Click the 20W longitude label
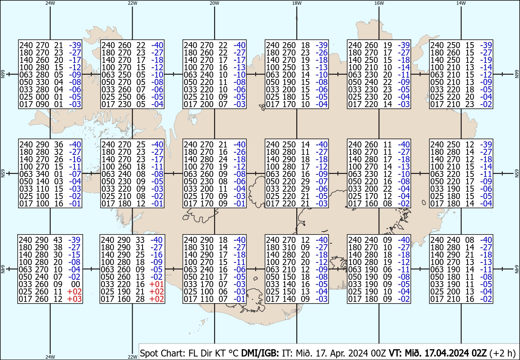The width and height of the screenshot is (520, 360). click(214, 3)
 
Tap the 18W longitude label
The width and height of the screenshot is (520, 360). click(297, 3)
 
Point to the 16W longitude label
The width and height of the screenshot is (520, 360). click(379, 3)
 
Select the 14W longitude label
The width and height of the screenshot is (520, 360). click(461, 3)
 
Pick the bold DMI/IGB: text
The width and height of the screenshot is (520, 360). click(260, 353)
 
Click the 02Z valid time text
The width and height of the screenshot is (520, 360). click(479, 353)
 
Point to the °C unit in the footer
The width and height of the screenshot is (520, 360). click(234, 353)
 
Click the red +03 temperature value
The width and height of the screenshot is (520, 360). click(74, 299)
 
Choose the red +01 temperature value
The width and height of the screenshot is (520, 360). click(156, 284)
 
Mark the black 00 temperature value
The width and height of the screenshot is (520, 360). click(75, 284)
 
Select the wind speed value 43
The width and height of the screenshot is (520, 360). click(58, 240)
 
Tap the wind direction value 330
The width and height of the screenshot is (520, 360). click(42, 82)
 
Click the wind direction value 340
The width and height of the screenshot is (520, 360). click(42, 174)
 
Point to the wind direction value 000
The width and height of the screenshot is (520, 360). click(42, 97)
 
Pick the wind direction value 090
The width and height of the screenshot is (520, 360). click(42, 105)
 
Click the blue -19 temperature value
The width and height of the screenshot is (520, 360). click(486, 60)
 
